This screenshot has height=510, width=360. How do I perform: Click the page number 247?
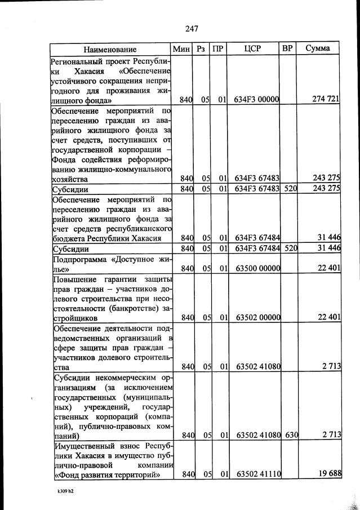pos(192,28)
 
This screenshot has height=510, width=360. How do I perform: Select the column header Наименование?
pos(111,49)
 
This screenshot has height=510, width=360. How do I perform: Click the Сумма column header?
pos(318,49)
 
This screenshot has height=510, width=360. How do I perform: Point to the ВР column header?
pos(288,49)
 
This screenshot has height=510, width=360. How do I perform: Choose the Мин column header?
pos(181,49)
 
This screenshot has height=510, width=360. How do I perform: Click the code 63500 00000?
pos(257,268)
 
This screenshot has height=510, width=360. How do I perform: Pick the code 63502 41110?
pos(257,474)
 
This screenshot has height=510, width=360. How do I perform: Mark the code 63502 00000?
pos(257,318)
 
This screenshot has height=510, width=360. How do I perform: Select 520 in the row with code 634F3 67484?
pos(290,249)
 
